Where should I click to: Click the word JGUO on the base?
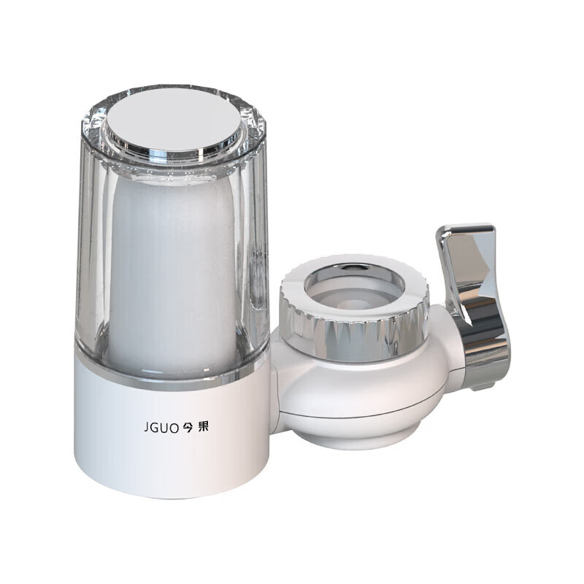pyautogui.click(x=161, y=428)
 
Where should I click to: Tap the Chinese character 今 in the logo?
pyautogui.click(x=188, y=428)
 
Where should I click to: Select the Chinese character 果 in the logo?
pyautogui.click(x=204, y=426)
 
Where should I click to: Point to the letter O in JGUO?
pyautogui.click(x=174, y=428)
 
